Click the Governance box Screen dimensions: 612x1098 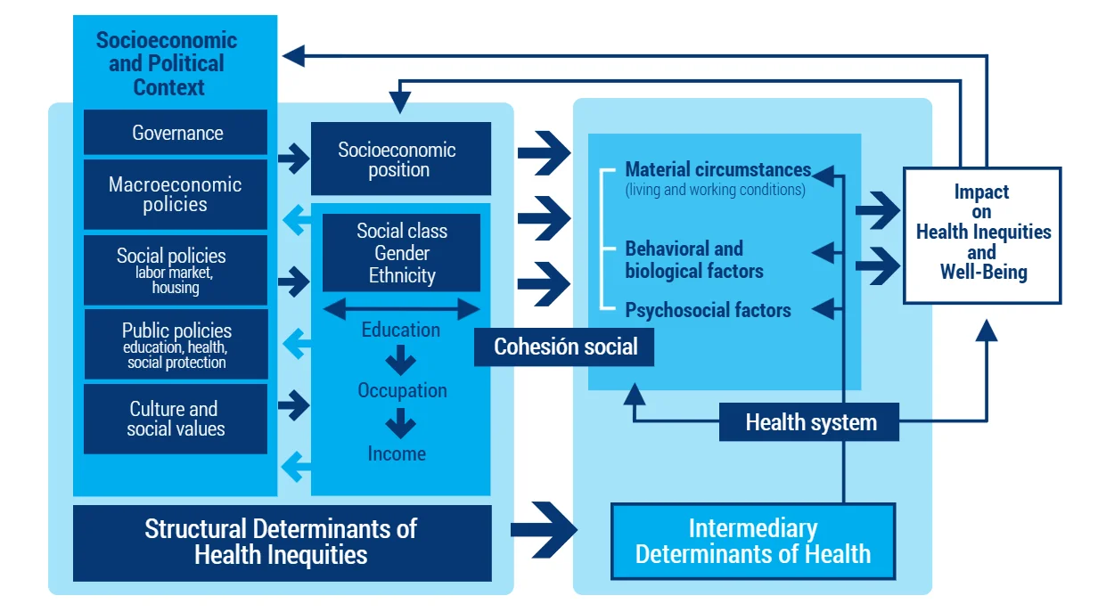(x=176, y=133)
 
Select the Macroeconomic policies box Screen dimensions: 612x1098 (x=176, y=194)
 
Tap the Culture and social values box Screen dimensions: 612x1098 (x=176, y=419)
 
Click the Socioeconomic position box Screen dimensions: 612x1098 (x=400, y=159)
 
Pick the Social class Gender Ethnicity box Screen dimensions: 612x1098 (x=401, y=253)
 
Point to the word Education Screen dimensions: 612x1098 (x=400, y=330)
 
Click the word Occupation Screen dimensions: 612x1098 (x=402, y=390)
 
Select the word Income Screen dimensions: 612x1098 (x=397, y=453)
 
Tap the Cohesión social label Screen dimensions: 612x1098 (x=565, y=347)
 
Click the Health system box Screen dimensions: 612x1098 (x=809, y=422)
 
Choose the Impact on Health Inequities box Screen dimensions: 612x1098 (x=982, y=233)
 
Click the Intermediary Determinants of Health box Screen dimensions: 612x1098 (x=752, y=542)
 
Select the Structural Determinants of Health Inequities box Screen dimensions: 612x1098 (x=282, y=542)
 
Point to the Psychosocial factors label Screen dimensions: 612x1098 (x=708, y=310)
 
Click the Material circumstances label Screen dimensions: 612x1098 (x=717, y=169)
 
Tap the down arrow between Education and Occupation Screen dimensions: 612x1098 (x=400, y=360)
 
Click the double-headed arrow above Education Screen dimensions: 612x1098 (x=401, y=308)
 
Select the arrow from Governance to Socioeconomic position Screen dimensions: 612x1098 (x=292, y=159)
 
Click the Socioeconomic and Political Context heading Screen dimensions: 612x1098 (x=166, y=63)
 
